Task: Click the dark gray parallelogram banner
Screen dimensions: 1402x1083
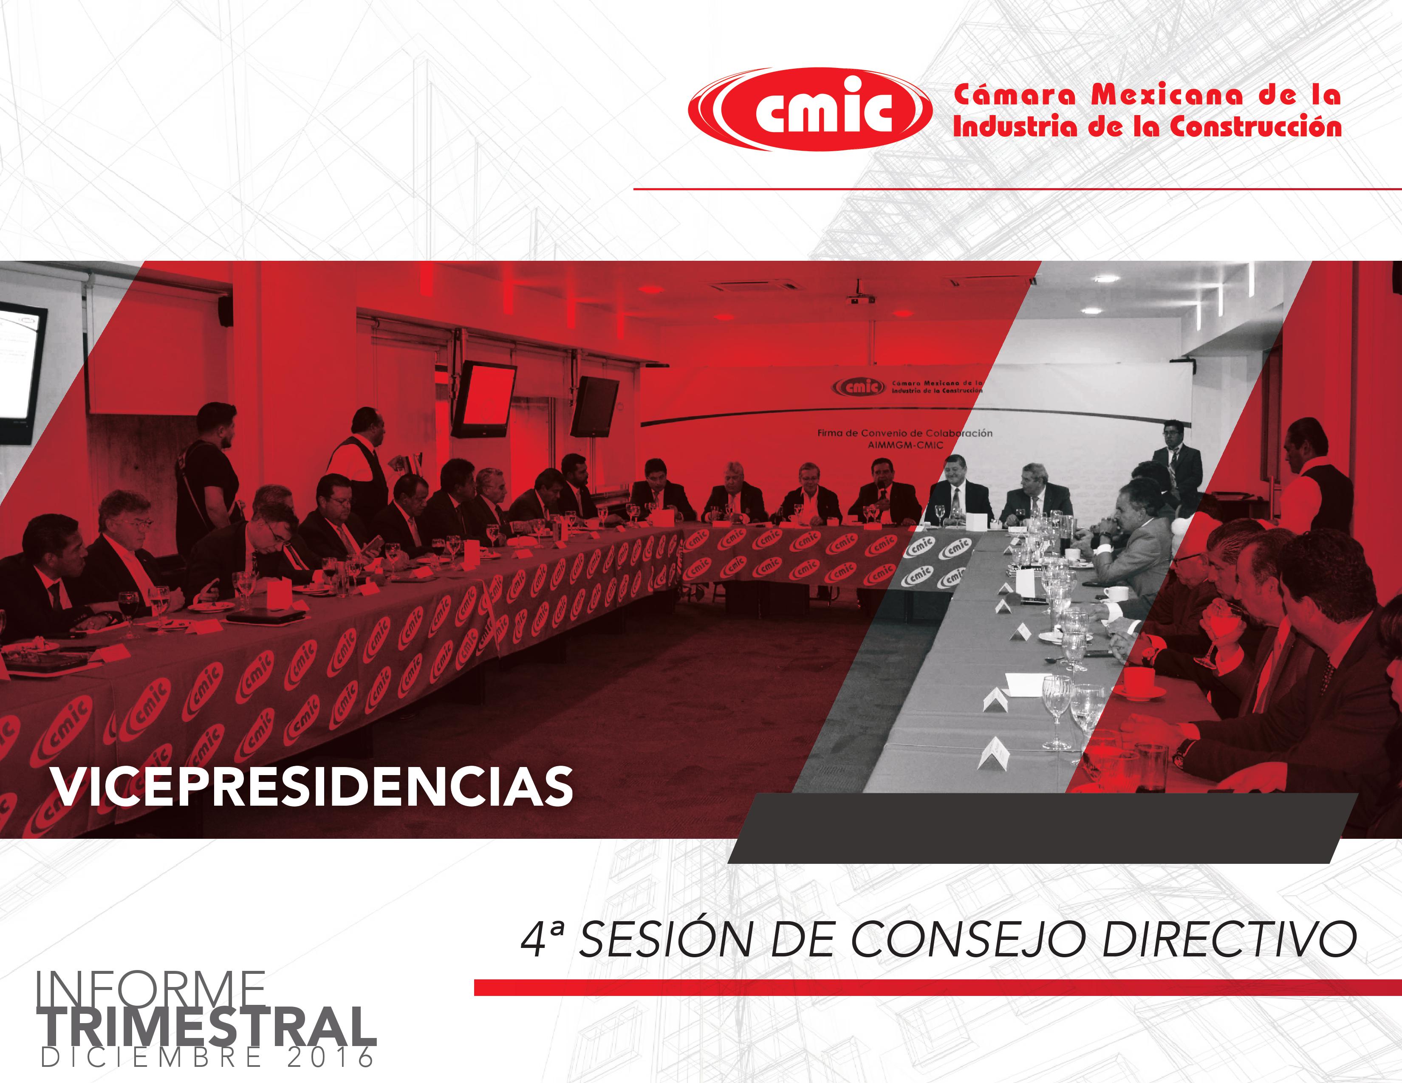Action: click(x=1043, y=828)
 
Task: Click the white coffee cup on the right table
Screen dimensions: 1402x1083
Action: click(x=1117, y=593)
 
